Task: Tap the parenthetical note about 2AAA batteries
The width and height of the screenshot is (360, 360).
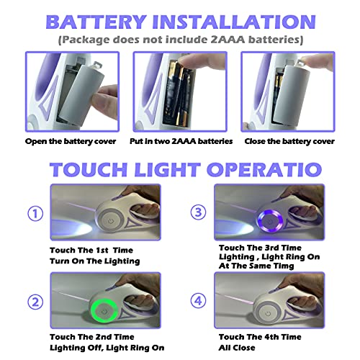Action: [x=180, y=38]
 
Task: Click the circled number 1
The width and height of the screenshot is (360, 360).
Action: [x=33, y=213]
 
